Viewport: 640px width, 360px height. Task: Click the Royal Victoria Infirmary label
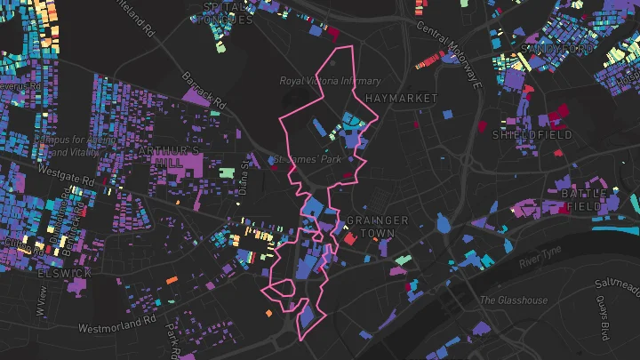click(x=330, y=81)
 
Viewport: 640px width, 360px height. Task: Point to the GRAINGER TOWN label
click(x=377, y=227)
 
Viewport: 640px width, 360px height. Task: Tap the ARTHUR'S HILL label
click(x=169, y=157)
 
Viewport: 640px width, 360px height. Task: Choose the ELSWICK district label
click(x=60, y=273)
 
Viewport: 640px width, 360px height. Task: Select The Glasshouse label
click(x=514, y=300)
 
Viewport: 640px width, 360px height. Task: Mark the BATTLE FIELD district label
click(x=580, y=200)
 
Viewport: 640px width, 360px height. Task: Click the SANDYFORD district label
click(x=555, y=47)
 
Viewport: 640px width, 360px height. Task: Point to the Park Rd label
click(x=173, y=337)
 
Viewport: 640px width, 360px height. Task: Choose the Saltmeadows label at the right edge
click(x=617, y=285)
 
